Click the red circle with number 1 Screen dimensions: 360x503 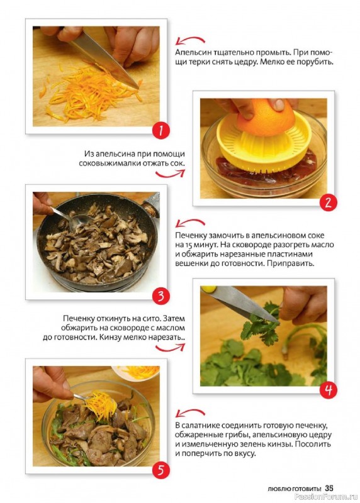[x=161, y=131]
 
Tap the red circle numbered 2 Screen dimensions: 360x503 [x=328, y=202]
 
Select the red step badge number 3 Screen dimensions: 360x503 [x=161, y=296]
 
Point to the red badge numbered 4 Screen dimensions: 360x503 [x=328, y=390]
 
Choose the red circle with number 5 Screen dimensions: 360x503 [x=161, y=470]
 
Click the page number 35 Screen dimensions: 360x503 [x=329, y=489]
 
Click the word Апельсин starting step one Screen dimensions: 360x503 [x=191, y=53]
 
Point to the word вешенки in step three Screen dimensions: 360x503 [x=191, y=263]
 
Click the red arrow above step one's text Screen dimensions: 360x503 [x=190, y=39]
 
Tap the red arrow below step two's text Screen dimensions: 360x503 [x=170, y=174]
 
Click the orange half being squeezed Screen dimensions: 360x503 [x=266, y=117]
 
